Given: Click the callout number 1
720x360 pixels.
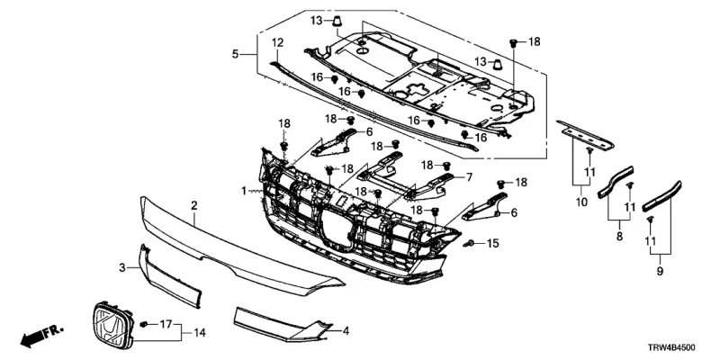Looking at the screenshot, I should coord(243,191).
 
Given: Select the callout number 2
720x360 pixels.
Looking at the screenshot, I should coord(193,206).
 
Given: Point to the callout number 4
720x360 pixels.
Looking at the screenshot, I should coord(346,331).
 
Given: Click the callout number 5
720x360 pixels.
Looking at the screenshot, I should coord(236,55).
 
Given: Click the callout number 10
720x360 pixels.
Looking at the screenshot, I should coord(581,203).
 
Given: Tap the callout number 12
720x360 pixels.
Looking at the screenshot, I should coord(277,42).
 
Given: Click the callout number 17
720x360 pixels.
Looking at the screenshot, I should coord(164,322).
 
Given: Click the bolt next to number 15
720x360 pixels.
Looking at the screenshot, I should coord(470,244).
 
